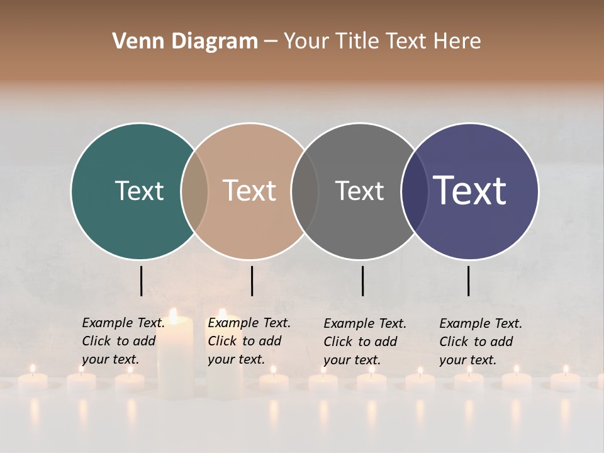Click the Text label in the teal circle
click(x=139, y=191)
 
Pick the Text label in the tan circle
click(x=250, y=191)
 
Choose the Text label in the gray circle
click(x=359, y=191)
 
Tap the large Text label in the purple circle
click(x=470, y=191)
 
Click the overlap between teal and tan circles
click(x=194, y=191)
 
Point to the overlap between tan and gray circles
click(x=305, y=191)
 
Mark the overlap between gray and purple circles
click(x=415, y=191)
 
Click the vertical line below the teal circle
click(x=141, y=281)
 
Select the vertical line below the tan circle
click(x=252, y=281)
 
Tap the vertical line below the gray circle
click(x=362, y=281)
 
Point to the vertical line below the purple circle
click(x=468, y=281)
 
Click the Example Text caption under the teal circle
click(x=123, y=341)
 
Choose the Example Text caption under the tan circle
click(x=249, y=341)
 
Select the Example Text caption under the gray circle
click(x=364, y=342)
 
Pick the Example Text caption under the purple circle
click(x=480, y=342)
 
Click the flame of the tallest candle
click(x=173, y=315)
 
